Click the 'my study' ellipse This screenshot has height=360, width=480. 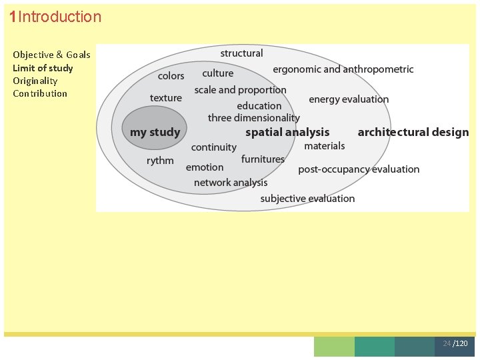pyautogui.click(x=155, y=131)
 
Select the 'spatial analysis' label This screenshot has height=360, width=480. pyautogui.click(x=287, y=132)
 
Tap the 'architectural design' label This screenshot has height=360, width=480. pyautogui.click(x=413, y=132)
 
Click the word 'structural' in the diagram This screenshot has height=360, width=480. pyautogui.click(x=241, y=53)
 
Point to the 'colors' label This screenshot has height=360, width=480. pyautogui.click(x=171, y=76)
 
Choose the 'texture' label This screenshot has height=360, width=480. pyautogui.click(x=166, y=98)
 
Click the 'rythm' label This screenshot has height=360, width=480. pyautogui.click(x=160, y=161)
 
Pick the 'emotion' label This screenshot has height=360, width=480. pyautogui.click(x=205, y=167)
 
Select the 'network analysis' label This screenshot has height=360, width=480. pyautogui.click(x=231, y=183)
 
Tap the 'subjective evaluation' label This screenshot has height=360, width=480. pyautogui.click(x=307, y=199)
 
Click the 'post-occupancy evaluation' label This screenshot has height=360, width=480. pyautogui.click(x=359, y=169)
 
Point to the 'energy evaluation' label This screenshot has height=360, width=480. pyautogui.click(x=349, y=99)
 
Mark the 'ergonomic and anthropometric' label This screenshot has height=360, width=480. pyautogui.click(x=343, y=69)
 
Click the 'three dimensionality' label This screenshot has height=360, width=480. pyautogui.click(x=254, y=118)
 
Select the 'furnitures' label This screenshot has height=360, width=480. pyautogui.click(x=263, y=159)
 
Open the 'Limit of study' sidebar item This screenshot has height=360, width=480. pyautogui.click(x=43, y=68)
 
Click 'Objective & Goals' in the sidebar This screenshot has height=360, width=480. pyautogui.click(x=51, y=55)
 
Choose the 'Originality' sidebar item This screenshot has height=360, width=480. pyautogui.click(x=35, y=81)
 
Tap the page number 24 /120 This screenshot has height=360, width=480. pyautogui.click(x=455, y=343)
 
